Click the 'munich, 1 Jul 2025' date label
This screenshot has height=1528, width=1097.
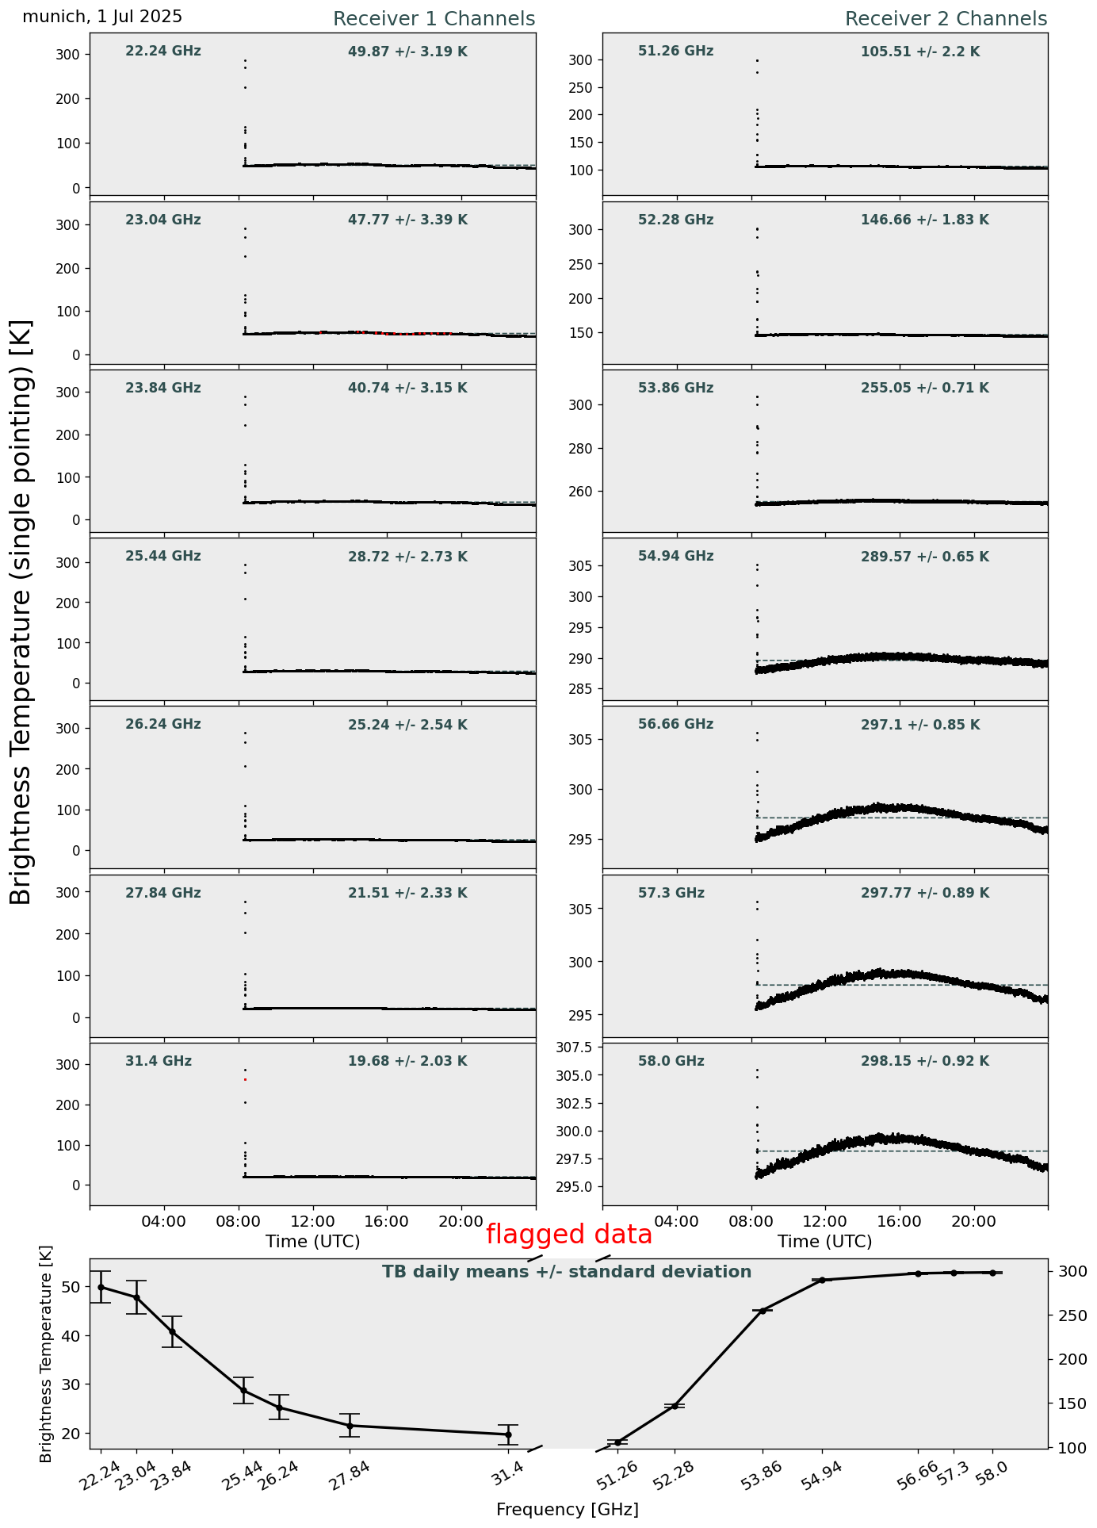[x=102, y=17]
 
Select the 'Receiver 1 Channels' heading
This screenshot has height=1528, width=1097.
[x=434, y=19]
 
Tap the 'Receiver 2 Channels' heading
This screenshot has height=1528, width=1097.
[x=946, y=19]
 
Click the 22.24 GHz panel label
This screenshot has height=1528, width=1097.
[x=163, y=52]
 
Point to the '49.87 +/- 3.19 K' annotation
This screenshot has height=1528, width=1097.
[x=407, y=52]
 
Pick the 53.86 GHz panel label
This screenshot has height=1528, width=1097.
[x=675, y=388]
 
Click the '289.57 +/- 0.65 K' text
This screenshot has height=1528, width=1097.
[x=924, y=557]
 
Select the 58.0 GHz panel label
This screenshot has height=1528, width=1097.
[x=671, y=1061]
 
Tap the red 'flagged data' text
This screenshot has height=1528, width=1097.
[x=568, y=1235]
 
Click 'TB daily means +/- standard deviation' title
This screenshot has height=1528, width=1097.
[x=567, y=1272]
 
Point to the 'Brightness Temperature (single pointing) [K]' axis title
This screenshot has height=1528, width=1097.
[x=21, y=612]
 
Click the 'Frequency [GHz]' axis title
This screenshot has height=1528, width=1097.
[x=567, y=1509]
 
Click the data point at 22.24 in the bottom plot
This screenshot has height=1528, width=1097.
[x=101, y=1287]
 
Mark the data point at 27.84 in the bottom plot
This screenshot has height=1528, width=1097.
[x=350, y=1425]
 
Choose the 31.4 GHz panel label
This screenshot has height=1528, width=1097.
[x=159, y=1061]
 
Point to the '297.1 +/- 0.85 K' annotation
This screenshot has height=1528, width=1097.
[x=920, y=725]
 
